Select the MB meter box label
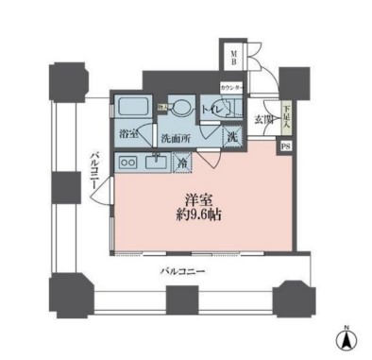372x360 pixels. point(229,59)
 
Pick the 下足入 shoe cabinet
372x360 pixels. point(286,116)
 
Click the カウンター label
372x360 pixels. point(231,88)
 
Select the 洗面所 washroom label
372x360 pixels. point(176,137)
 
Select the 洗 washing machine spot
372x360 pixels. point(232,136)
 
